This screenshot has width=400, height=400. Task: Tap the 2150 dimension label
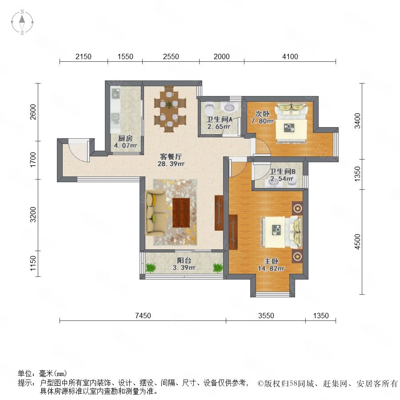(84, 56)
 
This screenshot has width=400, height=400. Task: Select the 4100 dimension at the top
(290, 56)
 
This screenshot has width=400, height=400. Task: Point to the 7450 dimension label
(143, 316)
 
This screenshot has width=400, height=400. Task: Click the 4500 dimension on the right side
(358, 242)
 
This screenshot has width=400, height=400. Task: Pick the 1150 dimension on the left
(33, 264)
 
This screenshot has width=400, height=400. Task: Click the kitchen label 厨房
(125, 139)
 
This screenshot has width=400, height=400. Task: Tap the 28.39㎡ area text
(171, 164)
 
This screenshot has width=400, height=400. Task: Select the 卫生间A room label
(219, 120)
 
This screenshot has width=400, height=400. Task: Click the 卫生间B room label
(282, 172)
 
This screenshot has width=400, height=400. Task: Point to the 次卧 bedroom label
(262, 114)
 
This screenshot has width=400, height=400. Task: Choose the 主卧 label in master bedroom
(271, 261)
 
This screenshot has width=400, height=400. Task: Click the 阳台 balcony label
(184, 260)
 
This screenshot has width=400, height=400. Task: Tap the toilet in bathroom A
(210, 109)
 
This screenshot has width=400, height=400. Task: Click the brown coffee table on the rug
(181, 212)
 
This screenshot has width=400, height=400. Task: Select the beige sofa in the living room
(155, 212)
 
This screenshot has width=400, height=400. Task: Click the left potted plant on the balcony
(151, 268)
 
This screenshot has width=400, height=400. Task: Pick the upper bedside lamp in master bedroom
(297, 208)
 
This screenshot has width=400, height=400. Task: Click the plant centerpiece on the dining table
(169, 104)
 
